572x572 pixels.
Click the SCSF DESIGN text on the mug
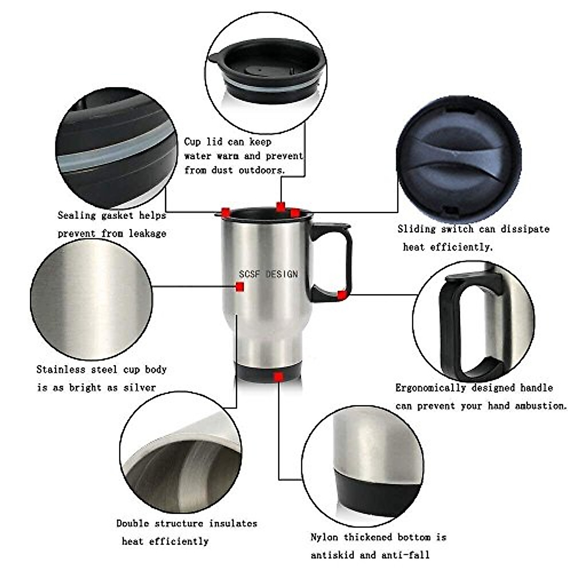pos(268,274)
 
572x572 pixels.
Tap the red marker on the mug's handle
pos(341,295)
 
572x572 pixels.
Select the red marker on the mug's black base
pos(279,377)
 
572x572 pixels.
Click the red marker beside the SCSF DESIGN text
pos(240,286)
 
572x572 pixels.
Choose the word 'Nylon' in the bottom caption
pos(325,537)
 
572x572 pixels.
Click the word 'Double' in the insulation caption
pos(132,523)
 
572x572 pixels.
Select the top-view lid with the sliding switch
pos(459,157)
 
